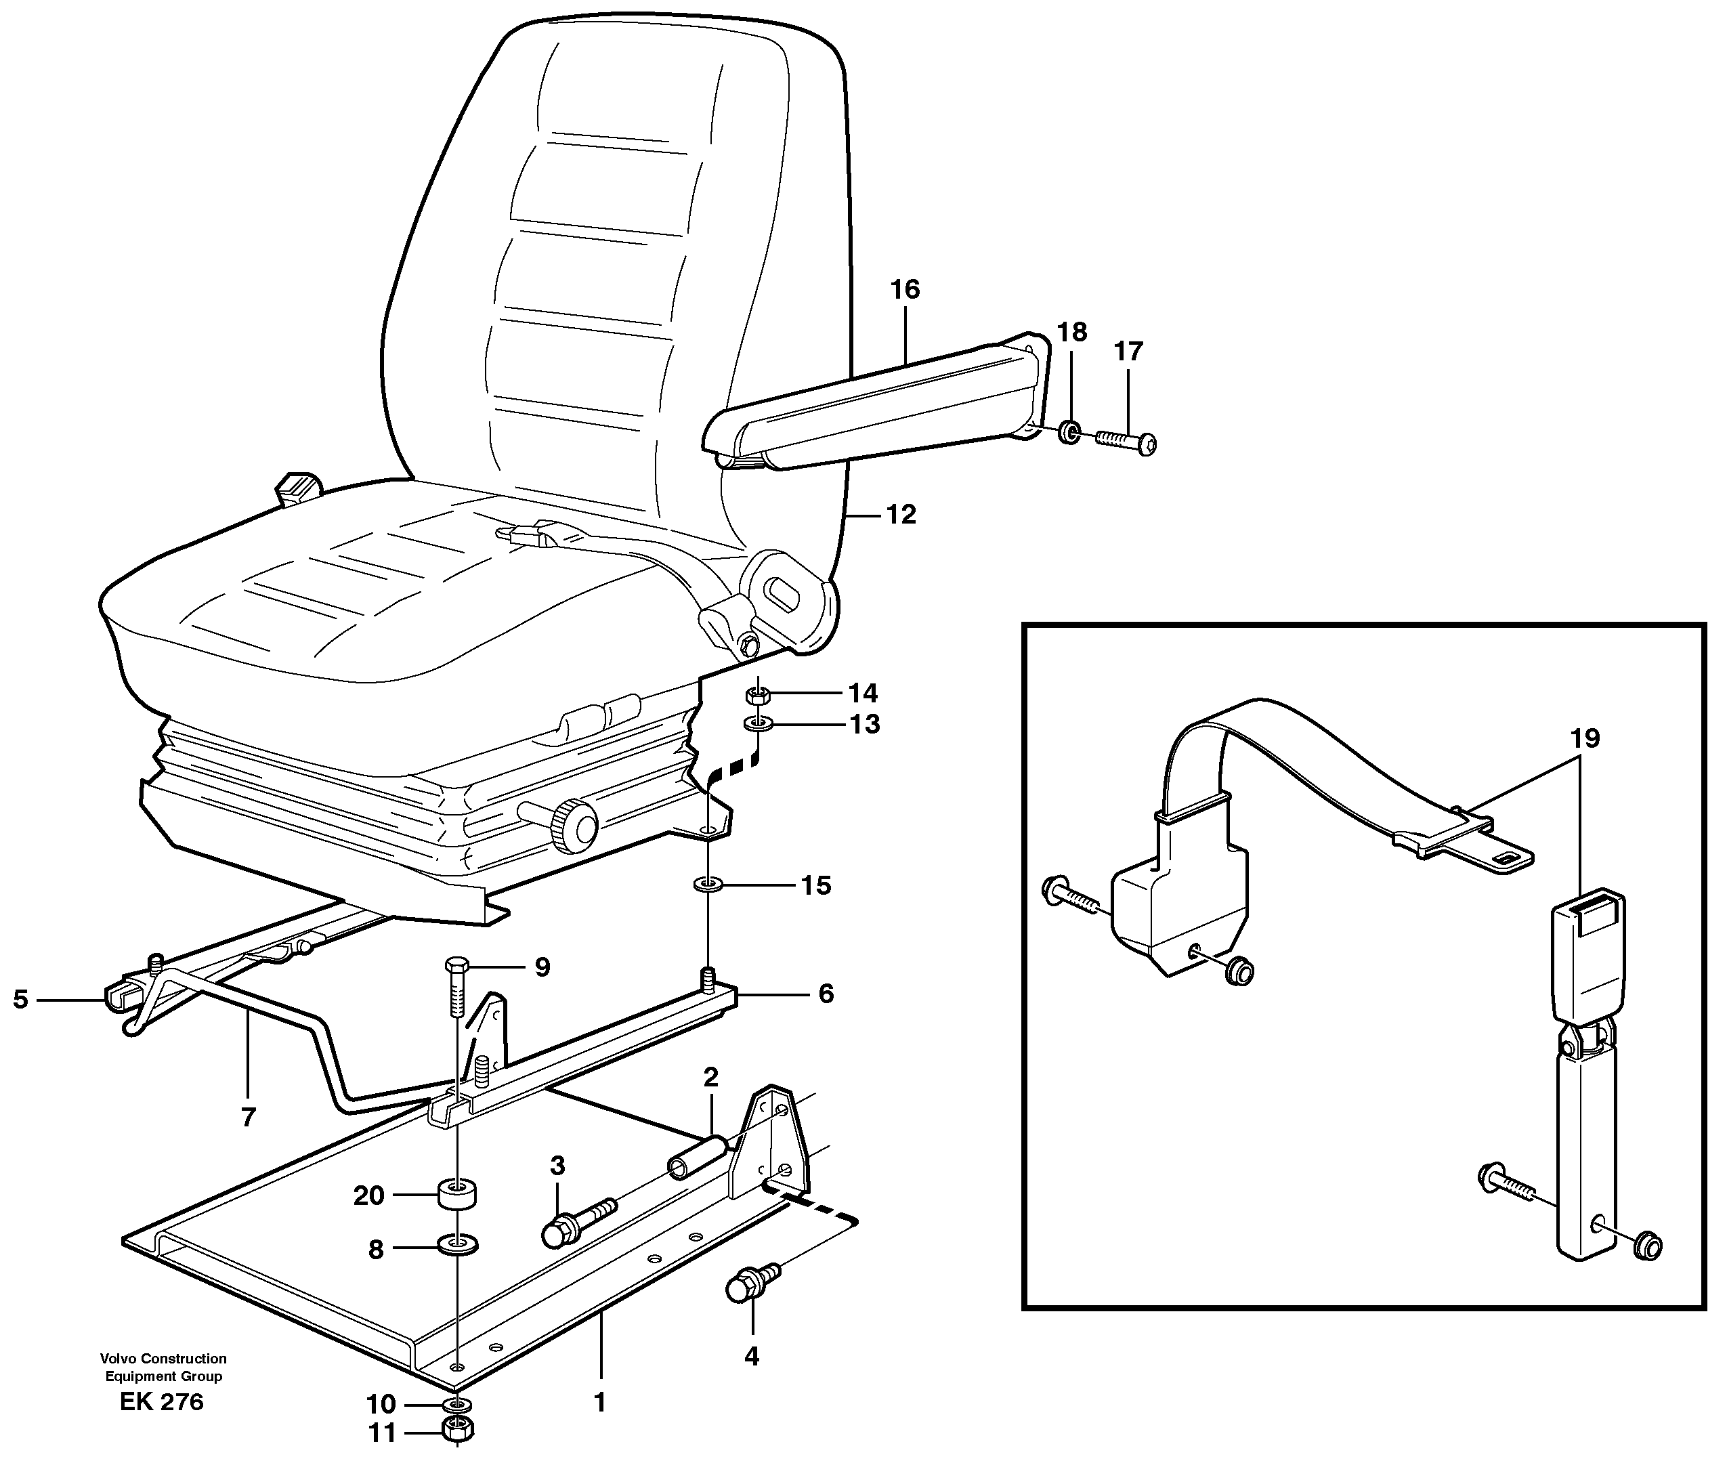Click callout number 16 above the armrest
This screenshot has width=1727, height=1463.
coord(905,289)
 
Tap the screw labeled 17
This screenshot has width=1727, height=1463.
coord(1127,440)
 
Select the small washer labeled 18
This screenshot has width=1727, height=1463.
coord(1069,432)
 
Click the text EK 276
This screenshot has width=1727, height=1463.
coord(162,1401)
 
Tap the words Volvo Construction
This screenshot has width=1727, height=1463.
coord(163,1359)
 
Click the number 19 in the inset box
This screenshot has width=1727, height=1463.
coord(1584,738)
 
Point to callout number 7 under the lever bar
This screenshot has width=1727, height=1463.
coord(248,1117)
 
